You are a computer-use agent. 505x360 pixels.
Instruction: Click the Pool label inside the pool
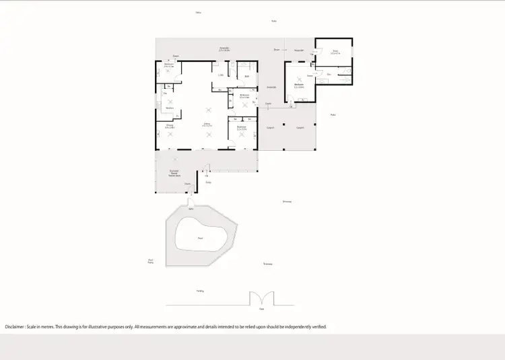[200, 238]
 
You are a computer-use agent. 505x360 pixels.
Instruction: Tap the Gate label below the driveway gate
[261, 309]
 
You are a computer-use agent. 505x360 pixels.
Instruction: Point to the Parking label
[200, 291]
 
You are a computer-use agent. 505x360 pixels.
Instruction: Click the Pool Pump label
[150, 261]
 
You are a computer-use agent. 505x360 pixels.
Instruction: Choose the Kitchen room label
[170, 108]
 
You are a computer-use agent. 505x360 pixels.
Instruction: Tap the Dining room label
[170, 126]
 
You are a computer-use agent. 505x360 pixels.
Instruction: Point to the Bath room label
[247, 77]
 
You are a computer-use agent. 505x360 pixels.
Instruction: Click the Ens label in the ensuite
[329, 74]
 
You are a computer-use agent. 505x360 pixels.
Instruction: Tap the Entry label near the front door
[208, 182]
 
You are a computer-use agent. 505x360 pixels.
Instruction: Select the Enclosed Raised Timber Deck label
[174, 173]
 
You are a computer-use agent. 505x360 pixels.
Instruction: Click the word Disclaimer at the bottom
[14, 326]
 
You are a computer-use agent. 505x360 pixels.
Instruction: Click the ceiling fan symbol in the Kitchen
[170, 102]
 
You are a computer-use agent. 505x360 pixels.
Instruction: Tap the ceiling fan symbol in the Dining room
[170, 135]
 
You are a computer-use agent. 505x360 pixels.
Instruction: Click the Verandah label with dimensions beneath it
[224, 49]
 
